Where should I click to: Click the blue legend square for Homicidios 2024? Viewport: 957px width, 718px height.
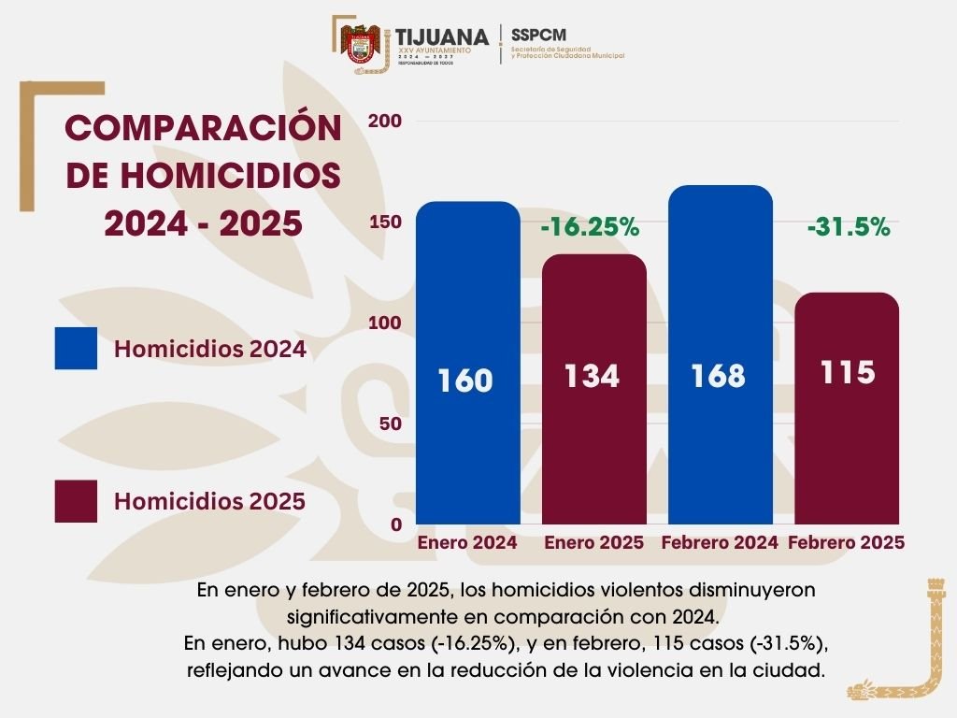[76, 349]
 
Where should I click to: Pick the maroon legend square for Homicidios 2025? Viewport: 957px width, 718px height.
[76, 501]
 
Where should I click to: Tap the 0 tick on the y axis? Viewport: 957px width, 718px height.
[396, 524]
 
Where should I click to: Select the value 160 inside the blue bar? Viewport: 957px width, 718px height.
[465, 381]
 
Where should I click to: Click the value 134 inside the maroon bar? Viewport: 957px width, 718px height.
[592, 376]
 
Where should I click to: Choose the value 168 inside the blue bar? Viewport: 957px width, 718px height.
[719, 376]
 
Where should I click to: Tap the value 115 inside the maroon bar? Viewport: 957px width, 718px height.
[847, 372]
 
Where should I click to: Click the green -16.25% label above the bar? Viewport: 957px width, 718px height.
[590, 227]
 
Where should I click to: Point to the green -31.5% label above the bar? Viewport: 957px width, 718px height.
[849, 227]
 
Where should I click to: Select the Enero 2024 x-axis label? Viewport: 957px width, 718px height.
[467, 543]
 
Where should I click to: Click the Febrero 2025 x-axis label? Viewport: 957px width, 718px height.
[847, 543]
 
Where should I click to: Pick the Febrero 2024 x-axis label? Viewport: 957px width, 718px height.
[720, 543]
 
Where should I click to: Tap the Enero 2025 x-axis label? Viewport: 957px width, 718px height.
[594, 543]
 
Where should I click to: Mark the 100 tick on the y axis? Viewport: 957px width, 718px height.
[386, 323]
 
